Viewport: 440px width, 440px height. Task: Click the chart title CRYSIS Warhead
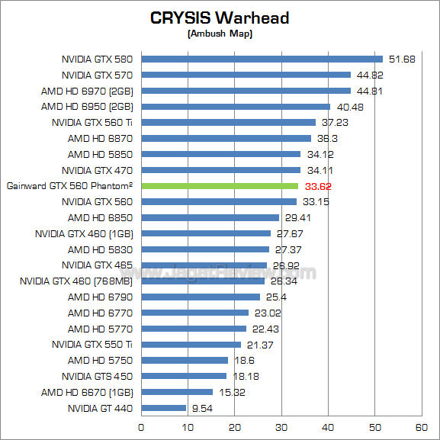(220, 18)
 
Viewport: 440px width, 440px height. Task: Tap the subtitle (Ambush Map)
(220, 34)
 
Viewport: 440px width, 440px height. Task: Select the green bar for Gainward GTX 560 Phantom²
(220, 186)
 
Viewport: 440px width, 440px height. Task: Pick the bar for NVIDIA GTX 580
(262, 59)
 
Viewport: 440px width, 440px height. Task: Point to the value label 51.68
(402, 59)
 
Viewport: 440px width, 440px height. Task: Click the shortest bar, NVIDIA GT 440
(163, 408)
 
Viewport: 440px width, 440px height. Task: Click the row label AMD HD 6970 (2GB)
(87, 91)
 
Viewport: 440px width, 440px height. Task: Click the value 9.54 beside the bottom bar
(203, 408)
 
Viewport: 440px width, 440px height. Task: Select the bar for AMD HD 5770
(194, 329)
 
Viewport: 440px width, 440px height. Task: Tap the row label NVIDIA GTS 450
(97, 376)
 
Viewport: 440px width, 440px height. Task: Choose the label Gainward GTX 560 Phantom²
(69, 186)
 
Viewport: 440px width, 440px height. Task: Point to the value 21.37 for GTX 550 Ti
(260, 345)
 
